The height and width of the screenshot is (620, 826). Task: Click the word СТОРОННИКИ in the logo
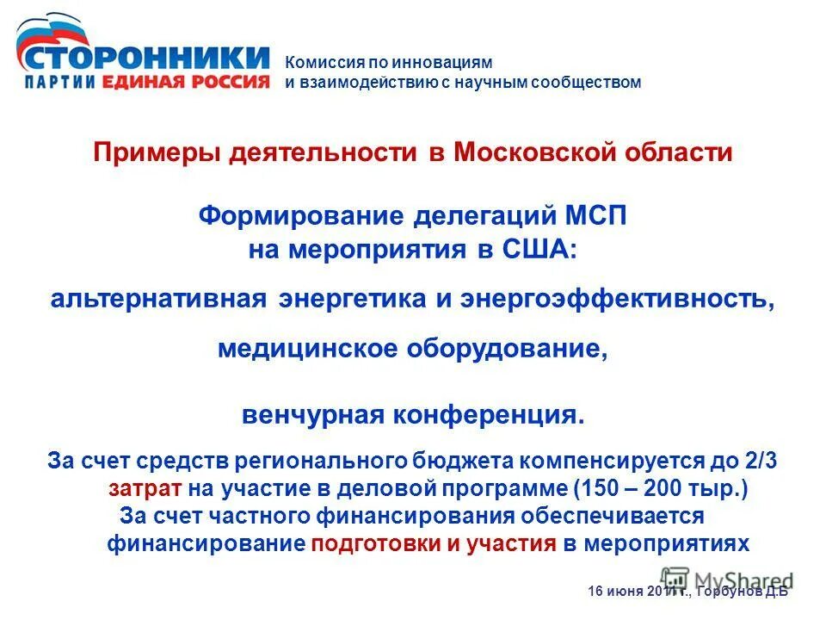[143, 58]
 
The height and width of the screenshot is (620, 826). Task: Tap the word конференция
[489, 415]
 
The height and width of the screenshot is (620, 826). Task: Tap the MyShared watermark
[726, 580]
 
